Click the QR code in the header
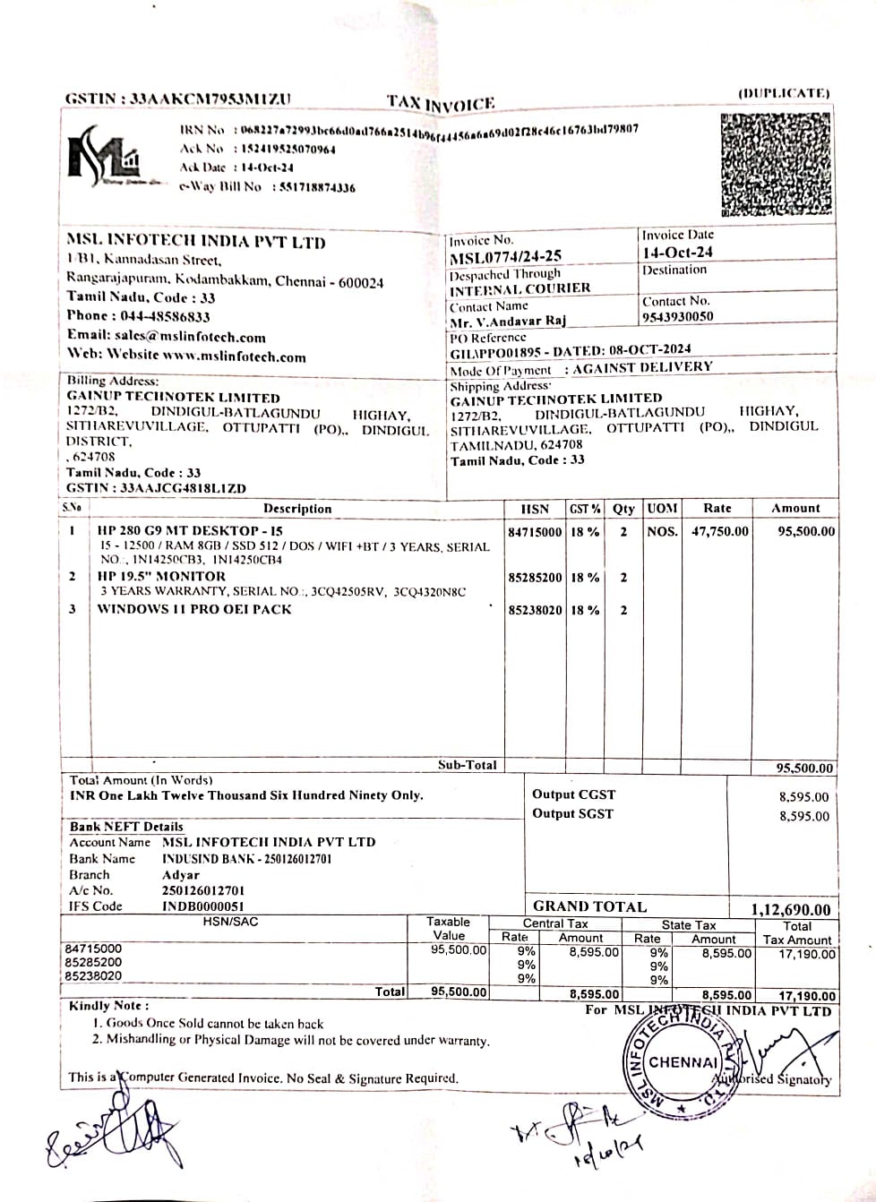pos(775,166)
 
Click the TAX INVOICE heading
pos(441,103)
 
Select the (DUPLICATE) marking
pos(784,93)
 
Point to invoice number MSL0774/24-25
pos(506,257)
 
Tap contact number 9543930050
pos(678,316)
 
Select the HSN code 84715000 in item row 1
pos(535,532)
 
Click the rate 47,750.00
pos(719,531)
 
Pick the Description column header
pos(297,509)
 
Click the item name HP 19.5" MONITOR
pos(161,576)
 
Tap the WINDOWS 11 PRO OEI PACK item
pos(194,609)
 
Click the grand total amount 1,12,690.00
pos(791,910)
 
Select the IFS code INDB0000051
pos(203,906)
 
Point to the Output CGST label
pos(573,794)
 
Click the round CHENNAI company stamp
pos(683,1063)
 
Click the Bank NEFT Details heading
pos(126,827)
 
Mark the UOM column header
pos(662,509)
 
